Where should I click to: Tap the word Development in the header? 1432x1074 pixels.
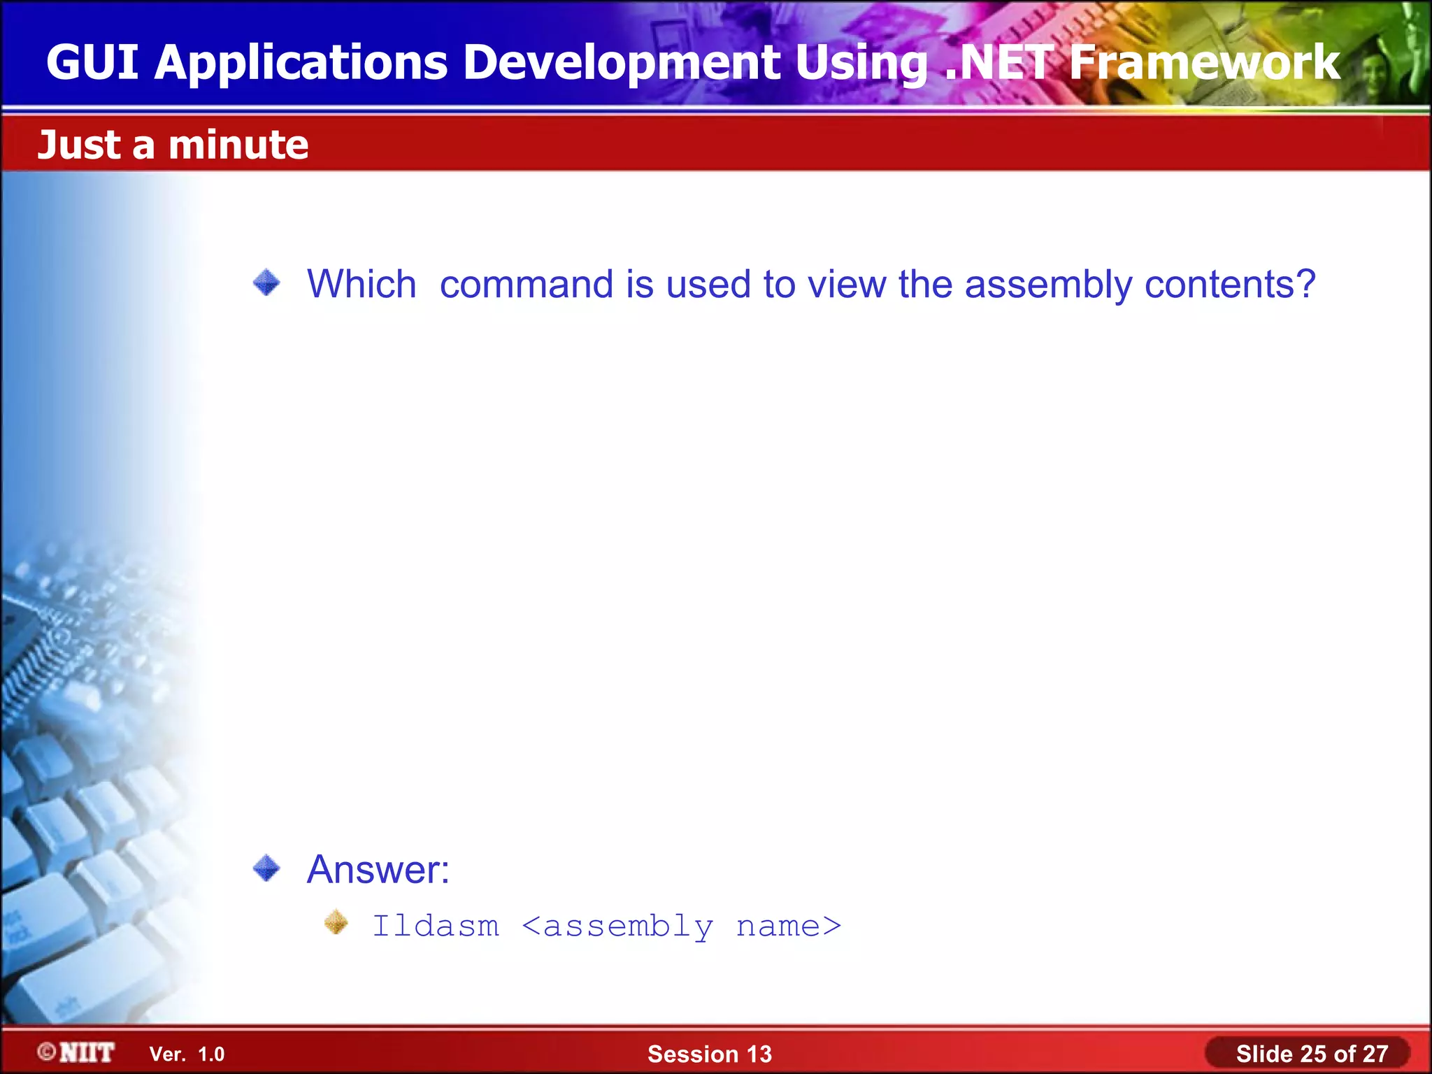pyautogui.click(x=621, y=63)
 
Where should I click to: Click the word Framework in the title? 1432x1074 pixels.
pyautogui.click(x=1204, y=63)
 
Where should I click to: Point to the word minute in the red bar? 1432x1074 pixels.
pyautogui.click(x=238, y=145)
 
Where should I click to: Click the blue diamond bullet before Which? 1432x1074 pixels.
pyautogui.click(x=266, y=283)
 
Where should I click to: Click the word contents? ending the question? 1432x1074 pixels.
pyautogui.click(x=1231, y=285)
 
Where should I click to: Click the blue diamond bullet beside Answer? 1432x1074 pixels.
pyautogui.click(x=266, y=868)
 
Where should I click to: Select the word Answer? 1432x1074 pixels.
pyautogui.click(x=378, y=870)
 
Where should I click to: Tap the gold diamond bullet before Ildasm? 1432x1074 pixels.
pyautogui.click(x=336, y=922)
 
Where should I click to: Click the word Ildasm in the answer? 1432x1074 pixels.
pyautogui.click(x=436, y=926)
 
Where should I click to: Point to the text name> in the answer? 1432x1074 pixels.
pyautogui.click(x=789, y=926)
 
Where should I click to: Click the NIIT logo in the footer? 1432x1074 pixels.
pyautogui.click(x=77, y=1053)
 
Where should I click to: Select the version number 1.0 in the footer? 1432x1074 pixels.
pyautogui.click(x=211, y=1054)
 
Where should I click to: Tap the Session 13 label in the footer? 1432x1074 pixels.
pyautogui.click(x=709, y=1054)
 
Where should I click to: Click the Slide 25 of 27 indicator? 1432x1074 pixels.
pyautogui.click(x=1312, y=1054)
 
